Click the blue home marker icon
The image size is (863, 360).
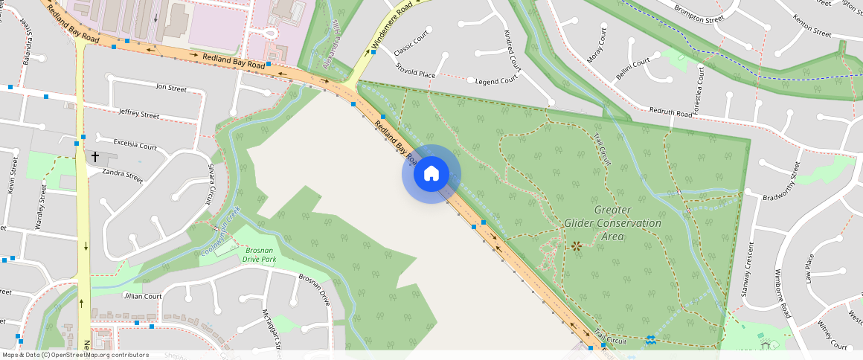point(431,174)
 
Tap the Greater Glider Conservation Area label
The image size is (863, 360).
point(612,223)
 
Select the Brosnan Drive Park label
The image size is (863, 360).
point(260,255)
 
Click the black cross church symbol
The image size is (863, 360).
point(95,157)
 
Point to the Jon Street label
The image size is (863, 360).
point(171,88)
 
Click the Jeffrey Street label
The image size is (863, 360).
point(139,114)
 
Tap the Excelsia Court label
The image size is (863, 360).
point(135,144)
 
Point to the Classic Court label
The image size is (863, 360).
point(412,45)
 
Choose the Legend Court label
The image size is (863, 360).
point(495,80)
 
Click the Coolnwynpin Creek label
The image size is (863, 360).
point(221,232)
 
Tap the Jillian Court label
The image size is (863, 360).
point(143,296)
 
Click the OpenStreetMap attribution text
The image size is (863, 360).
point(75,355)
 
